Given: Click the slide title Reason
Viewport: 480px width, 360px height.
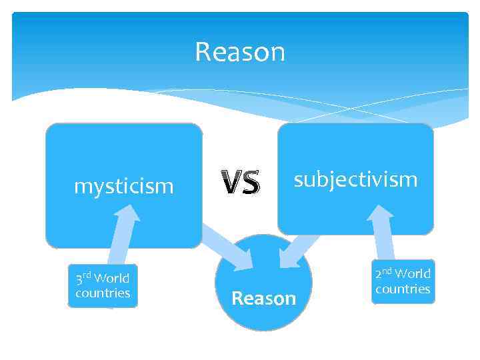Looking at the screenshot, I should pyautogui.click(x=240, y=52).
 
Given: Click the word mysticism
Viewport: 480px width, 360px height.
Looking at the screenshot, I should pyautogui.click(x=123, y=186).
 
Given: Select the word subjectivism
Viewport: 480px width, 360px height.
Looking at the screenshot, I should pyautogui.click(x=356, y=179).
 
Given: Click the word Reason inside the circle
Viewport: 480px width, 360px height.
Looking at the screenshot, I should pyautogui.click(x=263, y=298).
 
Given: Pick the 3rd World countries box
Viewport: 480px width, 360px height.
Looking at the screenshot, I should pyautogui.click(x=103, y=286).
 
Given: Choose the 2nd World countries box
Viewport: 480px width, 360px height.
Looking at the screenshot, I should pyautogui.click(x=403, y=281).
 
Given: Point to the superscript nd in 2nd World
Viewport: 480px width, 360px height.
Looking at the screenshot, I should pyautogui.click(x=387, y=271).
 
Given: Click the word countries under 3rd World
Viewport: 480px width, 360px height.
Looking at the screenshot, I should pyautogui.click(x=103, y=293).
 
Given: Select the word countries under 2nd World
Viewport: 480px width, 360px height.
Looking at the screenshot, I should pyautogui.click(x=403, y=289).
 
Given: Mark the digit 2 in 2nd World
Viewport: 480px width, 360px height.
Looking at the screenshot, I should pyautogui.click(x=377, y=274).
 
